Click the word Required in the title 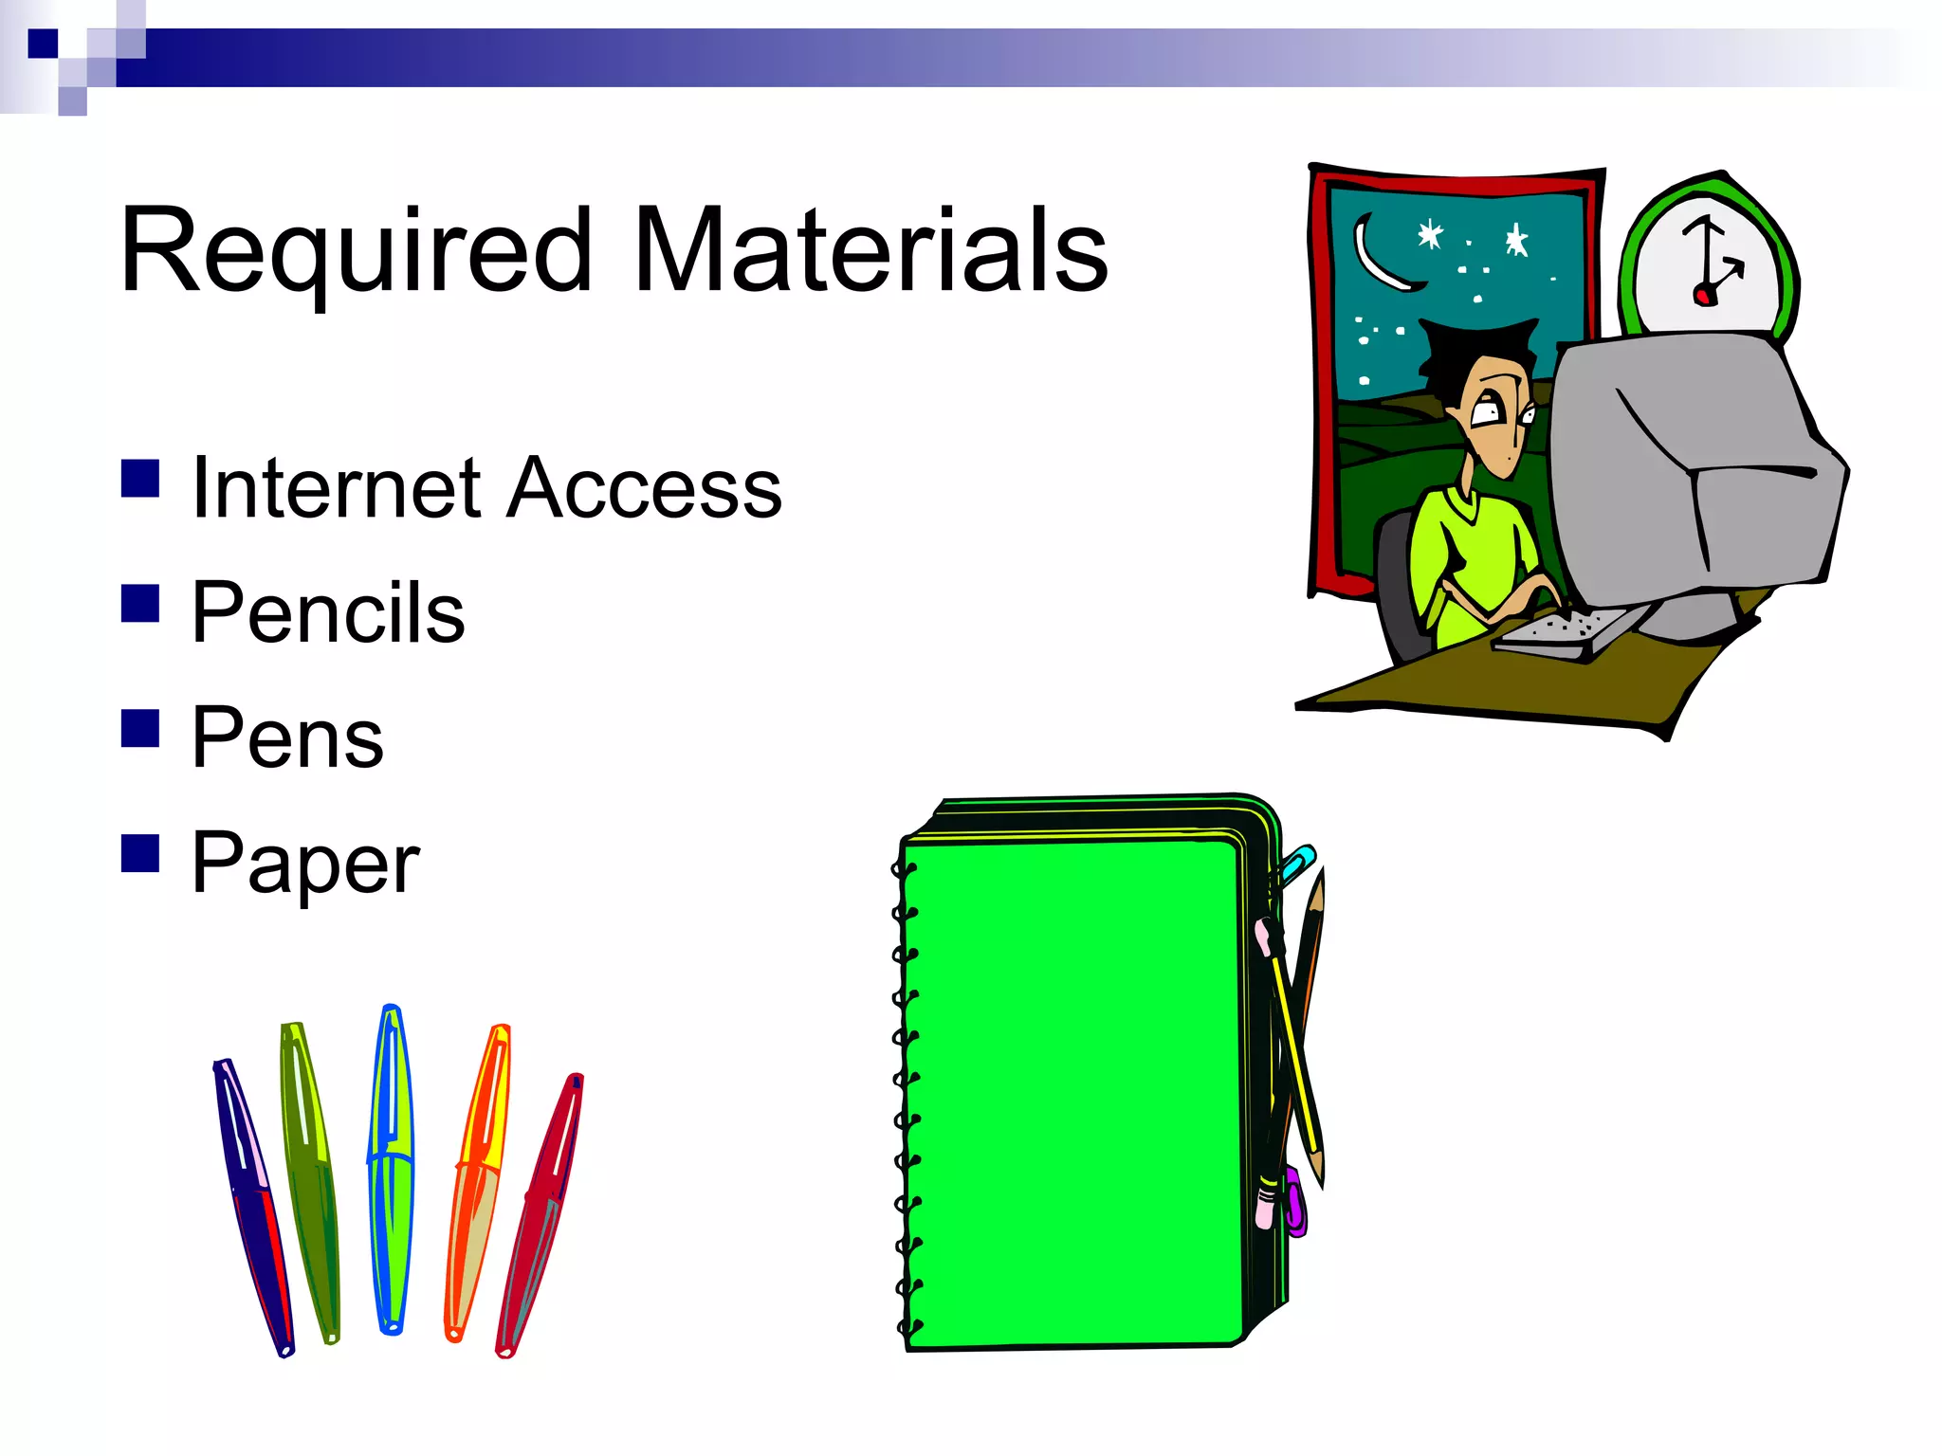[x=356, y=251]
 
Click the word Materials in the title [x=870, y=251]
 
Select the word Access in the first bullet [x=645, y=488]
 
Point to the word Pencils [x=328, y=613]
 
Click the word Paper [x=305, y=863]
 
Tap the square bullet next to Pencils [x=140, y=603]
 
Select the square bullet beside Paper [x=140, y=852]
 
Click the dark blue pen [x=251, y=1204]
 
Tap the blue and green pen [x=391, y=1171]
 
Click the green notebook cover [x=1072, y=1090]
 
